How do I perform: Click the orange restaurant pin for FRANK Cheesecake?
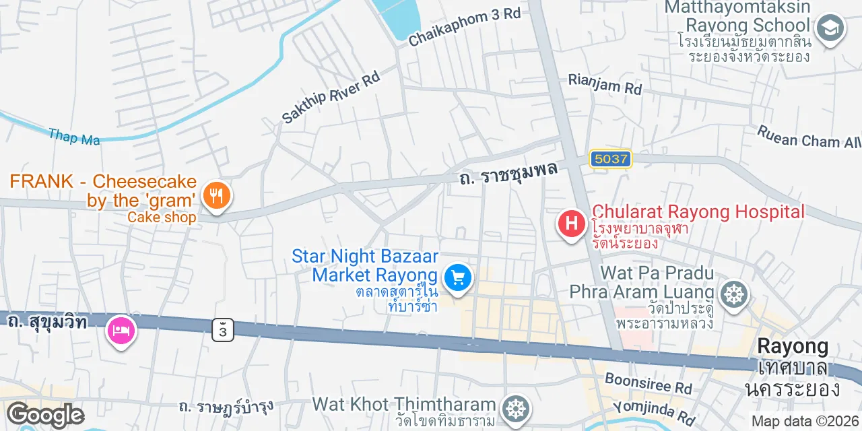pyautogui.click(x=216, y=196)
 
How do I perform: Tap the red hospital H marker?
pyautogui.click(x=572, y=223)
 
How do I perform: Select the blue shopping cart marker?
pyautogui.click(x=458, y=277)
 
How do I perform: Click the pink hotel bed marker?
pyautogui.click(x=121, y=331)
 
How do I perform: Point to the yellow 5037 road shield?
pyautogui.click(x=610, y=160)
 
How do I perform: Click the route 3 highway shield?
pyautogui.click(x=223, y=329)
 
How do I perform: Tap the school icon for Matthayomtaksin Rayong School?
pyautogui.click(x=830, y=29)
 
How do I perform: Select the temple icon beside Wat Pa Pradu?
pyautogui.click(x=734, y=294)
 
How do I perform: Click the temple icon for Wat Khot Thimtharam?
pyautogui.click(x=516, y=407)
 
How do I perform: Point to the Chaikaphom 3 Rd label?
pyautogui.click(x=465, y=27)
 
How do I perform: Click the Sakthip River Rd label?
pyautogui.click(x=331, y=97)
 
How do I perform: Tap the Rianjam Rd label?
pyautogui.click(x=605, y=84)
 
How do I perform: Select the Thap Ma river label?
pyautogui.click(x=74, y=137)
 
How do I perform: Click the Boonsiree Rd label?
pyautogui.click(x=649, y=383)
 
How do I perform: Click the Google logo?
pyautogui.click(x=45, y=416)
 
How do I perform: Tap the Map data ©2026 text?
pyautogui.click(x=805, y=422)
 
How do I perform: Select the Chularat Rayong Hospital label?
pyautogui.click(x=698, y=212)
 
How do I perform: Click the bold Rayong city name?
pyautogui.click(x=793, y=346)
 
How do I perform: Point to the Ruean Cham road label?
pyautogui.click(x=808, y=137)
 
